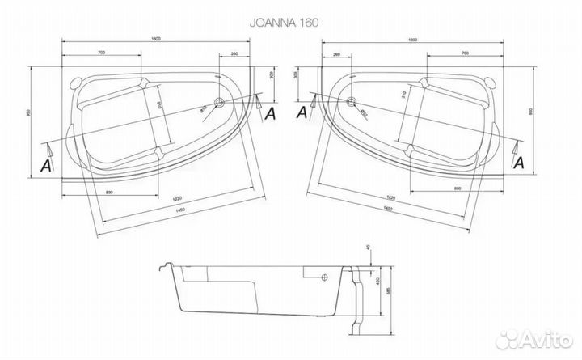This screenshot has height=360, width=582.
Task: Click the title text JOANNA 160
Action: click(290, 23)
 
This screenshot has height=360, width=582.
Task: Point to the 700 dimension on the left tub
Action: click(100, 53)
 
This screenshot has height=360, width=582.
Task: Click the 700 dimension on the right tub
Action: click(466, 53)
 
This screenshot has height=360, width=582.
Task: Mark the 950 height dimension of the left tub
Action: click(30, 114)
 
